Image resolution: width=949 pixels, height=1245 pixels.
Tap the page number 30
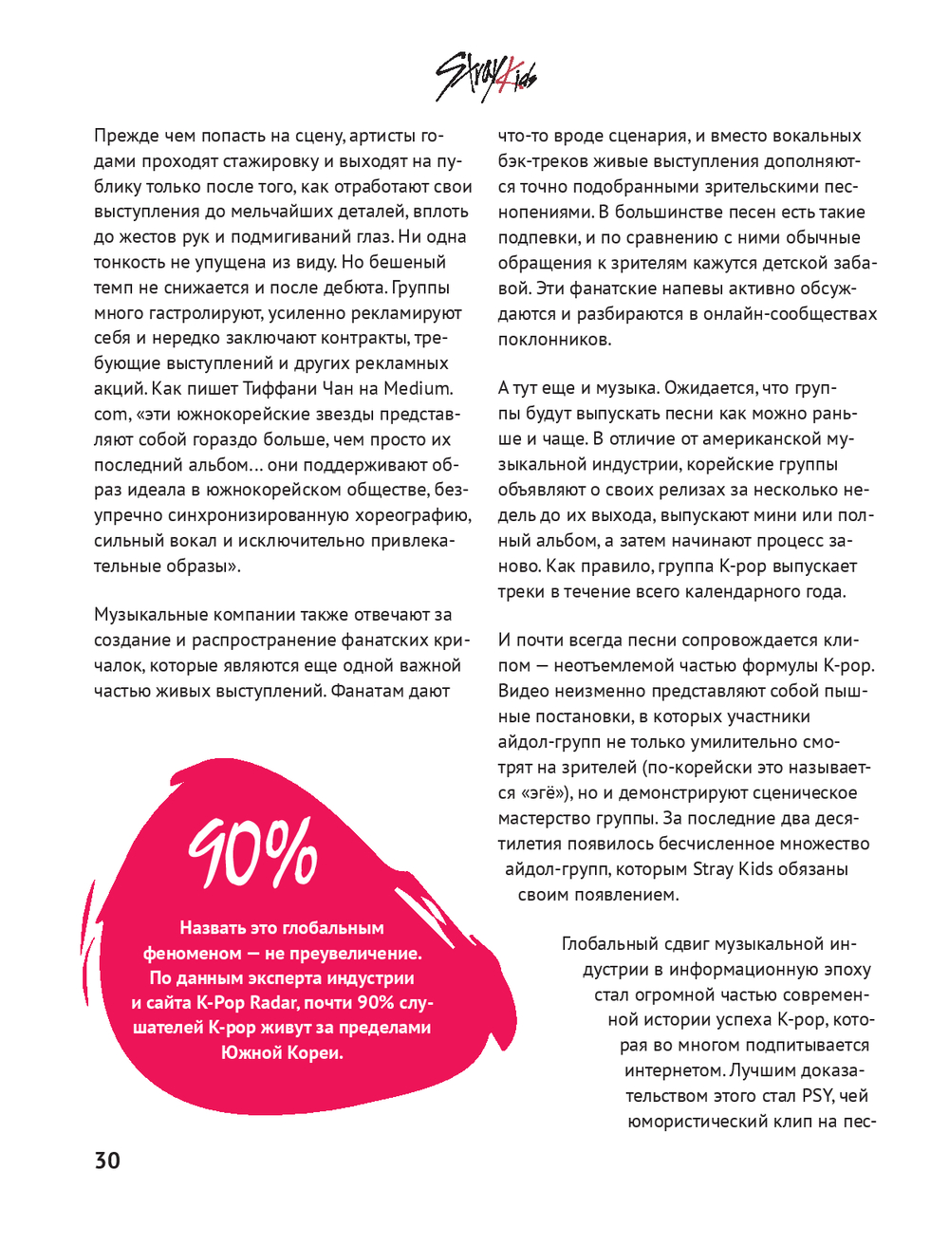pos(107,1161)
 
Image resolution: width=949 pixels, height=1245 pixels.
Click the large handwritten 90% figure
pos(251,853)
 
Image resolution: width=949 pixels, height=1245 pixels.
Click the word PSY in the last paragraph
pos(817,1096)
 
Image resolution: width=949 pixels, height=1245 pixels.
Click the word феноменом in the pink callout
pos(193,953)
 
